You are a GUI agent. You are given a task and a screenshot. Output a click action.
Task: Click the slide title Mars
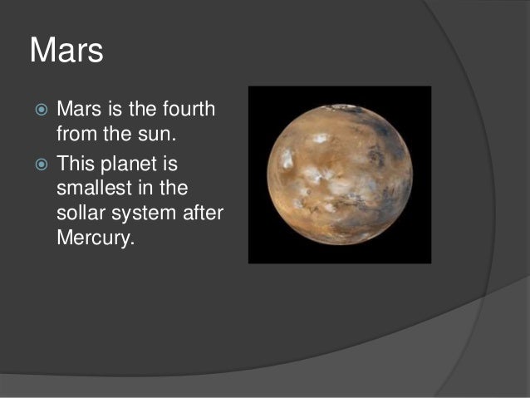(x=66, y=51)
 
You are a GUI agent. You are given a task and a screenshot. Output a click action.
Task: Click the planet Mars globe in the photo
(x=339, y=174)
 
